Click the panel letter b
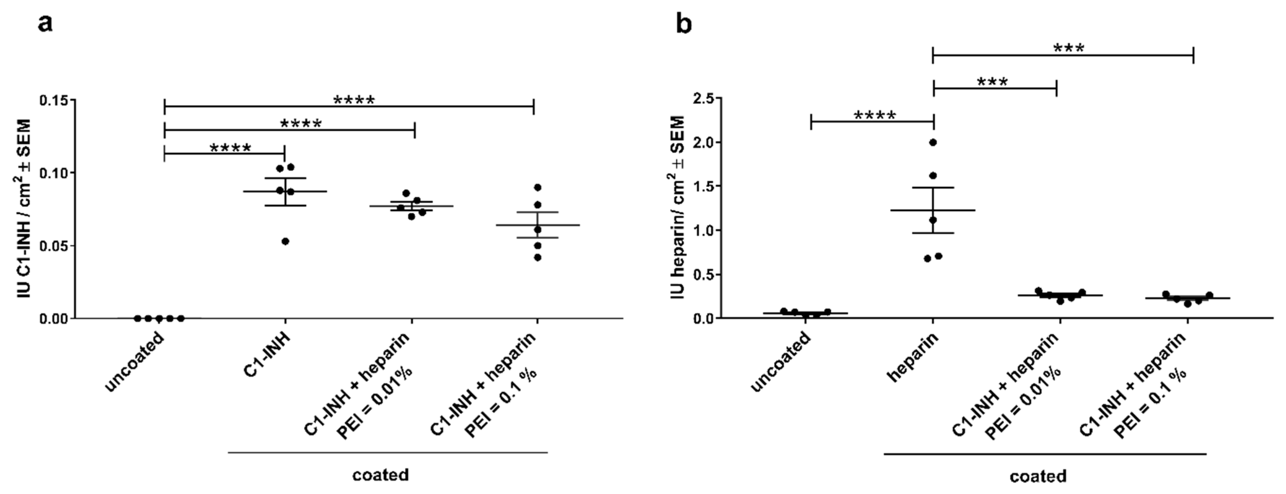pos(683,24)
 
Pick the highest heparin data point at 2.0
pos(933,142)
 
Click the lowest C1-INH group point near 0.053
pos(286,241)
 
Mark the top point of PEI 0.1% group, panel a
pos(538,187)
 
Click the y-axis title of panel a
pos(25,208)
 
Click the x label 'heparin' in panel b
pos(913,358)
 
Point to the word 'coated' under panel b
pos(1038,476)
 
